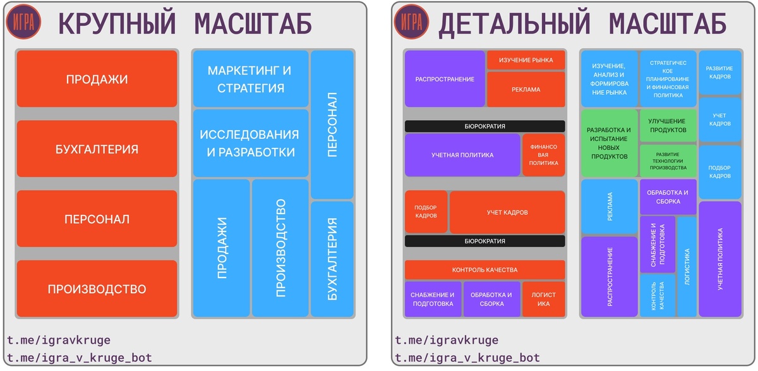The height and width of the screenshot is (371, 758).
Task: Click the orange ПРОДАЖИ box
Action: pos(97,79)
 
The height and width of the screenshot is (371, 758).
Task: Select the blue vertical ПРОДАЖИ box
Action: pos(221,248)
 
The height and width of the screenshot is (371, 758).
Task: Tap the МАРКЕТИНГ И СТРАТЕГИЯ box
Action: pos(250,79)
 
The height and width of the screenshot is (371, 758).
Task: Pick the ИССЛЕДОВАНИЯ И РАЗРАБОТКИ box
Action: pos(250,143)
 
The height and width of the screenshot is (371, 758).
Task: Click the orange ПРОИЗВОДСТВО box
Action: pos(97,289)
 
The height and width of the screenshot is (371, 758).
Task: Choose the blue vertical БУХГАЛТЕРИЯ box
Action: pos(332,259)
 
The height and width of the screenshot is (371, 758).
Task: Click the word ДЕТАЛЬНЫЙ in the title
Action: pos(514,24)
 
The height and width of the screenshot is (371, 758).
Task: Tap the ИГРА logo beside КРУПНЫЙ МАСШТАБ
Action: pos(24,23)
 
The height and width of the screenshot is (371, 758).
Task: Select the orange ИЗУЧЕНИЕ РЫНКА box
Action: pos(526,60)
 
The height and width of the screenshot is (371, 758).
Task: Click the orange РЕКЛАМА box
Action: pos(526,89)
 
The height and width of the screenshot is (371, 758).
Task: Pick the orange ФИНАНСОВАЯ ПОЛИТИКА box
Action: pos(543,154)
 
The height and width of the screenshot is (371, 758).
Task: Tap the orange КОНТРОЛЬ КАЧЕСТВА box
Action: pos(484,270)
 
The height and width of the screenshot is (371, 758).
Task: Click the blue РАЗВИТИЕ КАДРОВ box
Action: pos(719,72)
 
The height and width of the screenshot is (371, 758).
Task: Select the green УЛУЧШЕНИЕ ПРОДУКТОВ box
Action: pos(668,125)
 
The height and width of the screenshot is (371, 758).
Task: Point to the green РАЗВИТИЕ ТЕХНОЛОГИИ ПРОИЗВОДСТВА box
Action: pos(668,161)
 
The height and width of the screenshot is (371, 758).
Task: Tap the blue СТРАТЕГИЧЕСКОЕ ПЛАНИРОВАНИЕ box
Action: pos(668,79)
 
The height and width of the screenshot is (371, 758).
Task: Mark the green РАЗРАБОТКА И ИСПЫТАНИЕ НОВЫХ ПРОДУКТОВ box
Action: pos(609,143)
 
